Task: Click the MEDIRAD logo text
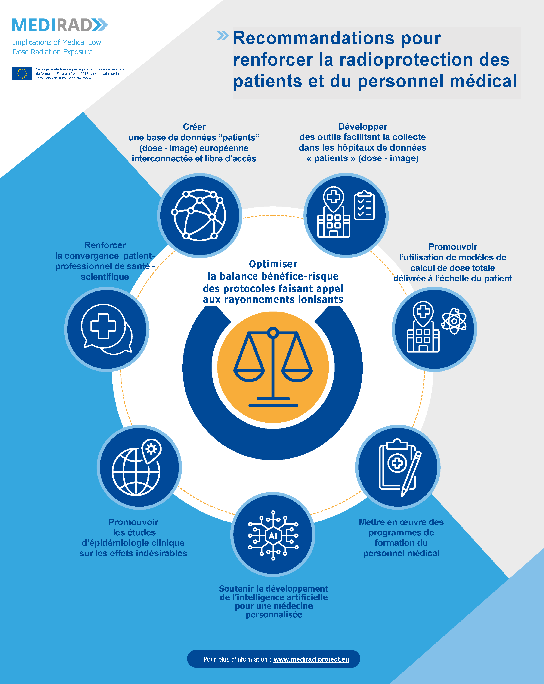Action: tap(52, 25)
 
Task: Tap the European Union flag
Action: tap(22, 73)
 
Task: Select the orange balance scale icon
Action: tap(273, 367)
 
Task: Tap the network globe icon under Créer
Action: tap(199, 215)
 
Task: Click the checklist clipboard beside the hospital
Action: tap(364, 206)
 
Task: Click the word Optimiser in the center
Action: tap(273, 264)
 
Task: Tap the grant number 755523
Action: tap(88, 78)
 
